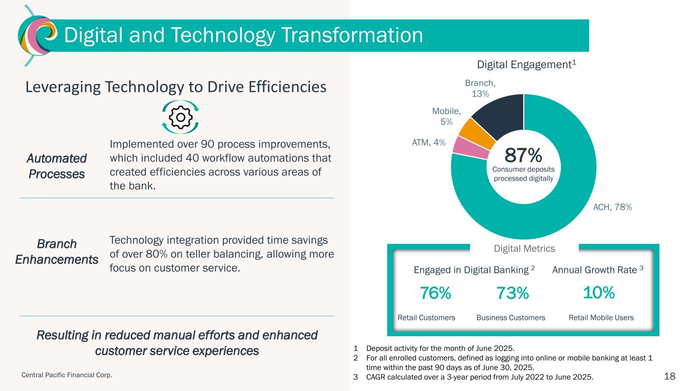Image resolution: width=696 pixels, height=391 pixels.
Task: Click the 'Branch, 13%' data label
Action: pyautogui.click(x=480, y=88)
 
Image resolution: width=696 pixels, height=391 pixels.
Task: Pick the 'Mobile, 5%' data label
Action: pyautogui.click(x=446, y=117)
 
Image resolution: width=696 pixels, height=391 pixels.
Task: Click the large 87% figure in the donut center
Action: pyautogui.click(x=524, y=154)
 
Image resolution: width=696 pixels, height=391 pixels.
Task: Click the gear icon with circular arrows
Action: pyautogui.click(x=180, y=117)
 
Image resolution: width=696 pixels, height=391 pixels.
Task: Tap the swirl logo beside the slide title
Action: pyautogui.click(x=35, y=36)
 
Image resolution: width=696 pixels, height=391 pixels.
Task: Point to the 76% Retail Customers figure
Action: pyautogui.click(x=435, y=293)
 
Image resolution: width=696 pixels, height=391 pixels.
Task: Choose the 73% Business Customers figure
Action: pyautogui.click(x=512, y=294)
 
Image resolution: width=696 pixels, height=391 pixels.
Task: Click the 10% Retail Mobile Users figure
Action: pyautogui.click(x=599, y=293)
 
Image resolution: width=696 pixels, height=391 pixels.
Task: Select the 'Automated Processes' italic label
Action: pyautogui.click(x=57, y=166)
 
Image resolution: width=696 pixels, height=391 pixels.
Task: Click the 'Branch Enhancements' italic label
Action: pyautogui.click(x=57, y=252)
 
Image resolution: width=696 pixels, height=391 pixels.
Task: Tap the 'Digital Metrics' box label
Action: pyautogui.click(x=525, y=248)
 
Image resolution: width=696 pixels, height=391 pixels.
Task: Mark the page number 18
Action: pyautogui.click(x=669, y=376)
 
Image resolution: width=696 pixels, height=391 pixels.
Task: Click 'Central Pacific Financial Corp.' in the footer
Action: pyautogui.click(x=67, y=375)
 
